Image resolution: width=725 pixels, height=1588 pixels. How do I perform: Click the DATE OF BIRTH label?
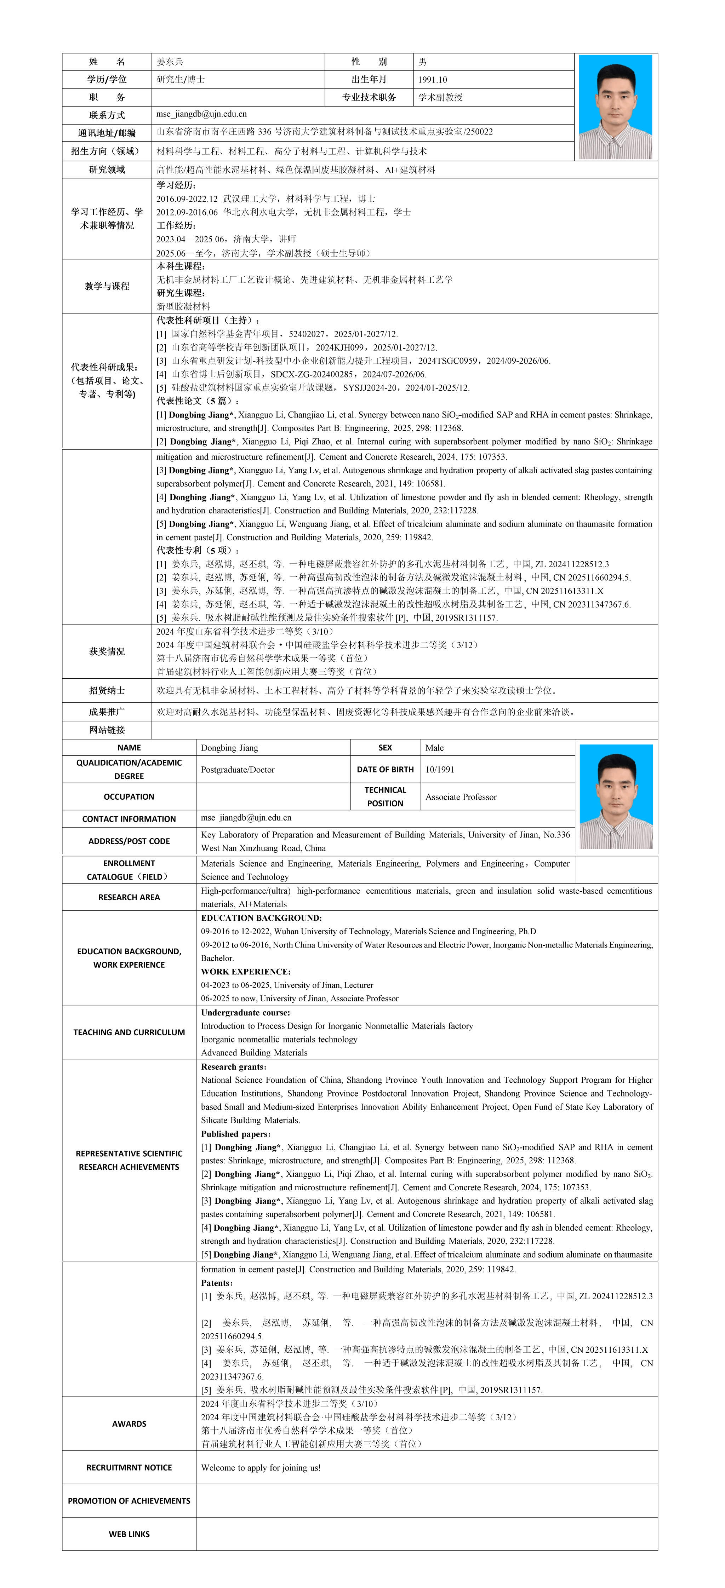point(385,769)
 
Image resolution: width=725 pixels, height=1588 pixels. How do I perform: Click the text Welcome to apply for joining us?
point(261,1467)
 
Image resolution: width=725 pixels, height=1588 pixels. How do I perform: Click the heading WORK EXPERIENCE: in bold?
point(245,972)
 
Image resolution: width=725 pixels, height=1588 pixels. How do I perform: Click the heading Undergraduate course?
point(245,1012)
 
